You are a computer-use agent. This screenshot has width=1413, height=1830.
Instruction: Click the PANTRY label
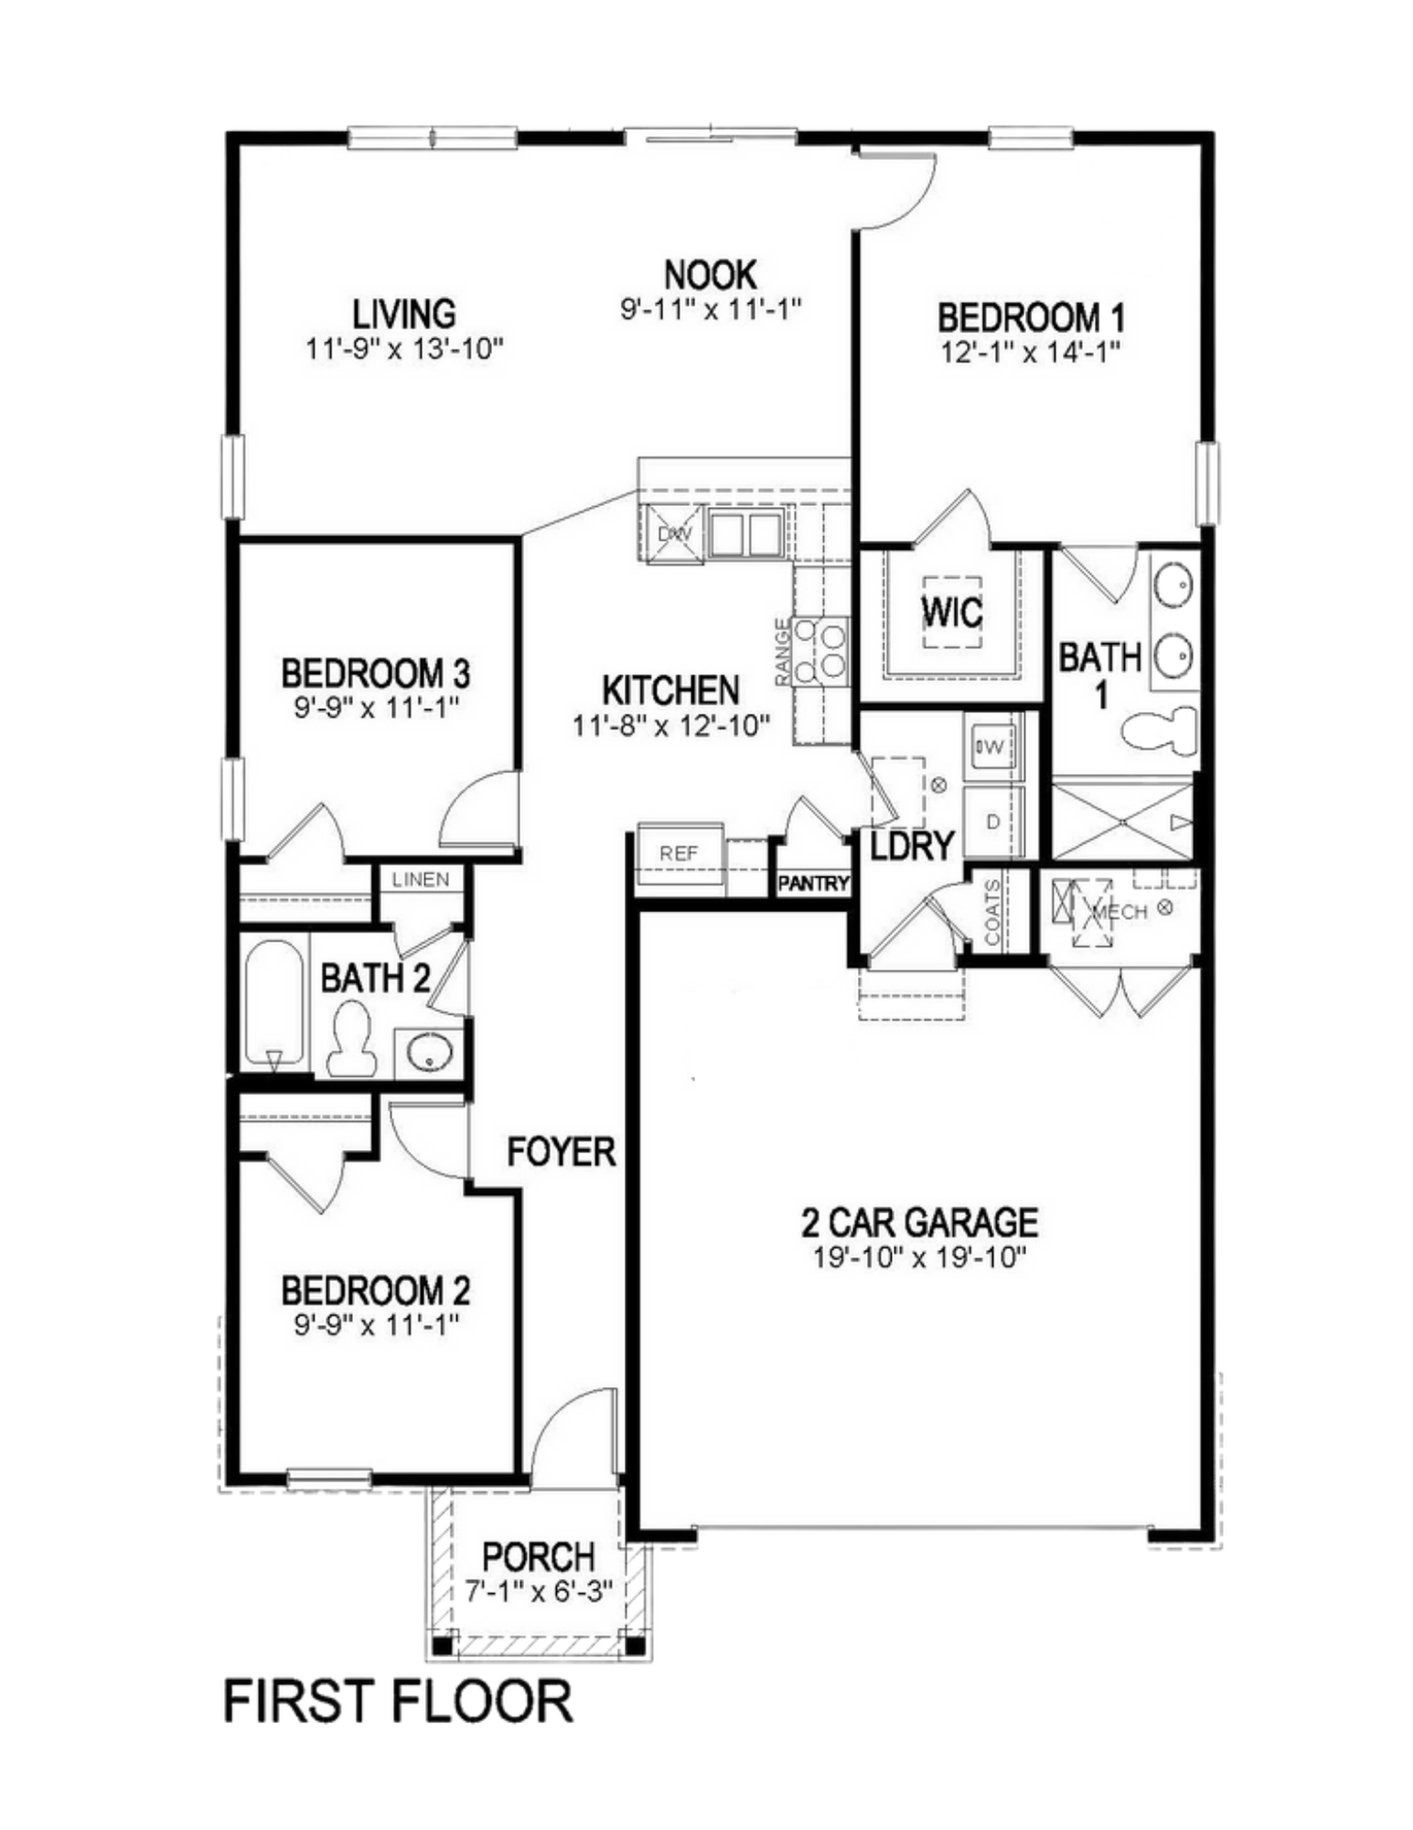coord(813,883)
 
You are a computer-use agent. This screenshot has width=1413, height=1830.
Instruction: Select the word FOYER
coord(561,1152)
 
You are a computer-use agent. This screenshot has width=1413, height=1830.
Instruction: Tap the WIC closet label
coord(953,613)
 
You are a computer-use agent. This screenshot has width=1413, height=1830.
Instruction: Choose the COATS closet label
coord(993,914)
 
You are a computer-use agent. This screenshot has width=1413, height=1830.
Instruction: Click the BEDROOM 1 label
coord(1030,318)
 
